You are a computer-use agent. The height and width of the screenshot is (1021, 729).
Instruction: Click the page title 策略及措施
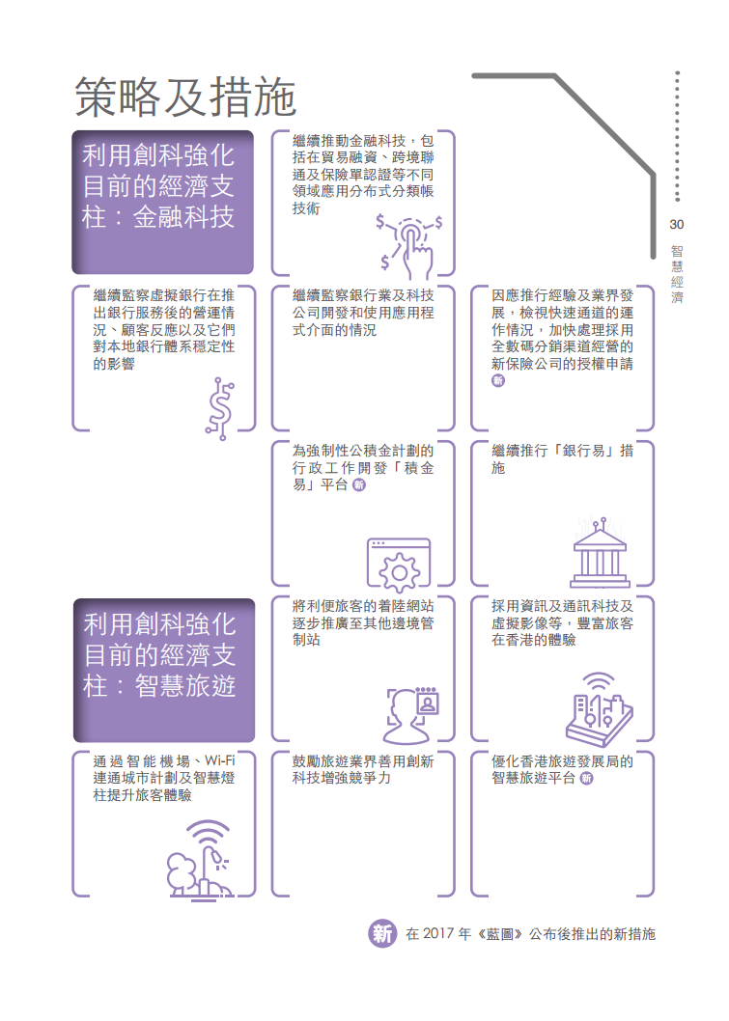click(185, 97)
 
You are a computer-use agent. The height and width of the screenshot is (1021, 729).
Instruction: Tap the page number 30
click(676, 225)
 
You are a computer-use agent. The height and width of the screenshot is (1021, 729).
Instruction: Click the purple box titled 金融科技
click(163, 202)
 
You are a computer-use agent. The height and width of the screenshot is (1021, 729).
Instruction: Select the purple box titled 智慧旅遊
click(164, 670)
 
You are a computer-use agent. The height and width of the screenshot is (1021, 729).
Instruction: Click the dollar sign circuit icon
click(221, 408)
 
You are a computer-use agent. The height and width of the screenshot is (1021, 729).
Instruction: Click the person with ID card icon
click(412, 715)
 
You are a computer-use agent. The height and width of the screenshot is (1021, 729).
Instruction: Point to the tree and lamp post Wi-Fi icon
click(199, 860)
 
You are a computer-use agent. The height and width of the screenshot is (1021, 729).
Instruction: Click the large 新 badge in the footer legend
click(382, 934)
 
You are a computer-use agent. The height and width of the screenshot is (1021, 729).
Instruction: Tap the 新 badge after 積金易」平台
click(359, 485)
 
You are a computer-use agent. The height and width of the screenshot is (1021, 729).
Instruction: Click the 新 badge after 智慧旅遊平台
click(586, 778)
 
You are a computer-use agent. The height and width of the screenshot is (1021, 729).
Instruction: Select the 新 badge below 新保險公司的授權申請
click(498, 381)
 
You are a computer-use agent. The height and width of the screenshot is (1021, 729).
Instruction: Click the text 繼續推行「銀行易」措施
click(562, 459)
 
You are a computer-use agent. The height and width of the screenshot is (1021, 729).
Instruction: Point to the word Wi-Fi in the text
click(219, 760)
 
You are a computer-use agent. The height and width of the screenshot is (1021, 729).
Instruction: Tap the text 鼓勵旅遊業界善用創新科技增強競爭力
click(363, 770)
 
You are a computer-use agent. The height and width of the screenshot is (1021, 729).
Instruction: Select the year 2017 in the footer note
click(437, 934)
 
